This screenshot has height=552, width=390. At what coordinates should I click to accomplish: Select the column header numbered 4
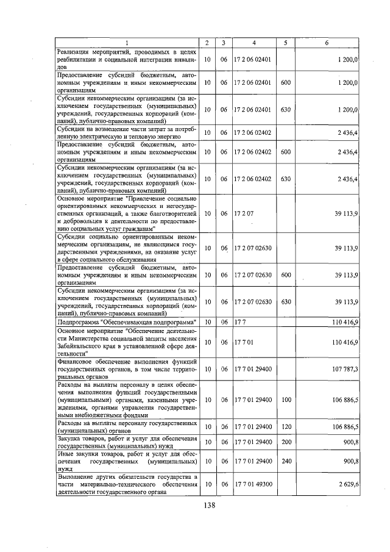coord(253,42)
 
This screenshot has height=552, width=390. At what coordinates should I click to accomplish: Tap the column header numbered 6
coord(327,42)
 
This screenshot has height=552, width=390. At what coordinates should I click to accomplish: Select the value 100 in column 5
coord(285,400)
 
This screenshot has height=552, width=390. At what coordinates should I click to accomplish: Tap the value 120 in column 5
coord(285,426)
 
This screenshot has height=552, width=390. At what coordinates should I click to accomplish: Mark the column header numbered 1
coord(127,42)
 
